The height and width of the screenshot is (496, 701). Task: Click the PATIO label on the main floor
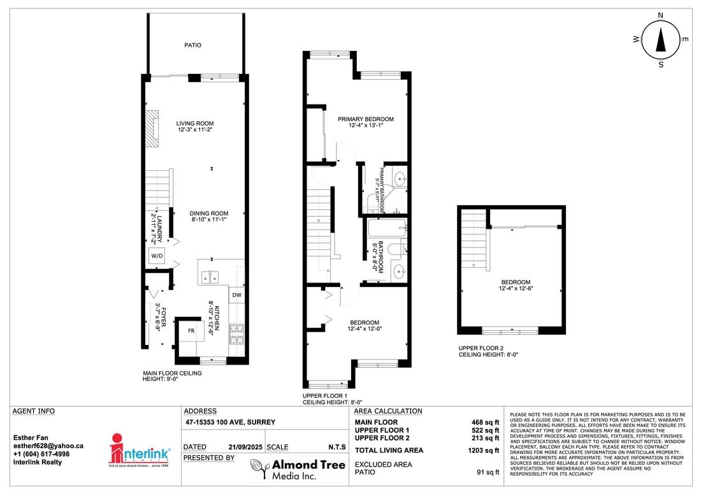pos(193,45)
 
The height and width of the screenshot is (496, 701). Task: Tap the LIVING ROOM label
pos(195,124)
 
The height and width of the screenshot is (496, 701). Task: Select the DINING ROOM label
pos(209,214)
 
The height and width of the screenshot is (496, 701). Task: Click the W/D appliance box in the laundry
pos(156,256)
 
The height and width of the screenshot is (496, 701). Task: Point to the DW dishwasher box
pos(236,295)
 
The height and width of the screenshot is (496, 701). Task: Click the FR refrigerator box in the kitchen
pos(191,331)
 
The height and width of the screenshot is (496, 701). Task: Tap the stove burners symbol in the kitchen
pos(237,332)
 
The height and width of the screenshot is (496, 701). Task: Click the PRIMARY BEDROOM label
pos(366,119)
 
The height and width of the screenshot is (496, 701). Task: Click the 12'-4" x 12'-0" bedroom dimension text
pos(366,329)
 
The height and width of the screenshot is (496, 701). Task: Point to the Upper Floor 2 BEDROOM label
pos(515,282)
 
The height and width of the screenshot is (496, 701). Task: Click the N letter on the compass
pos(661,15)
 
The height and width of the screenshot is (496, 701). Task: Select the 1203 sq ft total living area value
pos(482,451)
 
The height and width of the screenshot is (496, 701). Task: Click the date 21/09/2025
pos(241,447)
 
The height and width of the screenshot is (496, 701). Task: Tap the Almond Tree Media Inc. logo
pos(297,470)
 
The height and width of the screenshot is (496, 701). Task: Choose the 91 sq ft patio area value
pos(488,472)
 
